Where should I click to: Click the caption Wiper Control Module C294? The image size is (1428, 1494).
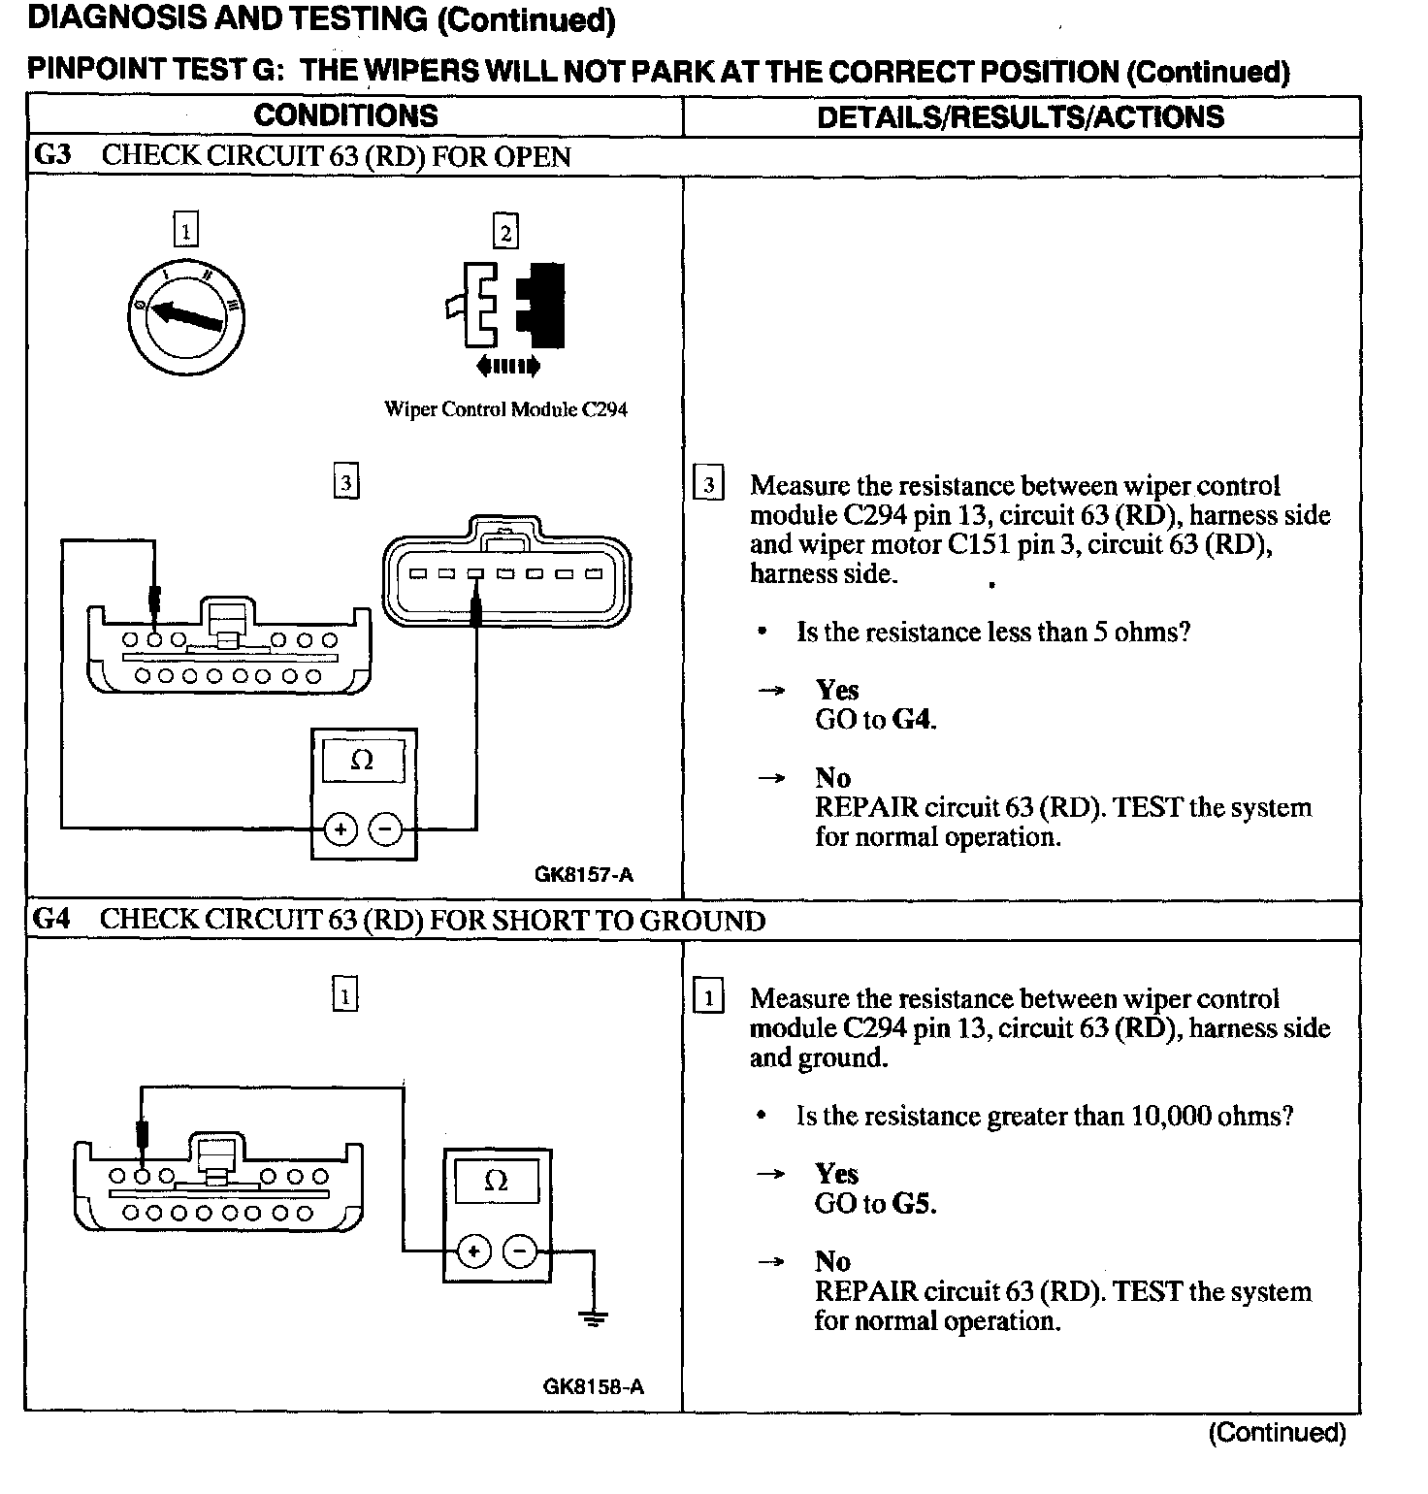(x=505, y=409)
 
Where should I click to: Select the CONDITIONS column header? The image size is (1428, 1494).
(x=345, y=116)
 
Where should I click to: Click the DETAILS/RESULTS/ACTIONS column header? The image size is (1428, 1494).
(x=1021, y=117)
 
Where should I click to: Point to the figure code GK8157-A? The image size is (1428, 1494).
(x=584, y=875)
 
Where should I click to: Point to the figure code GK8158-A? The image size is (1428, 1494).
(x=594, y=1386)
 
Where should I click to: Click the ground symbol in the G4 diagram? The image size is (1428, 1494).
(x=593, y=1317)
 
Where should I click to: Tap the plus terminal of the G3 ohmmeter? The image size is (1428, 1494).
(x=341, y=829)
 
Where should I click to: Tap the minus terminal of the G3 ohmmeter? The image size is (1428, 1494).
(x=386, y=829)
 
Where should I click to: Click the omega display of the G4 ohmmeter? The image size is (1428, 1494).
(x=496, y=1182)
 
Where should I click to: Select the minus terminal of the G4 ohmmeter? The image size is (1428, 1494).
(x=520, y=1251)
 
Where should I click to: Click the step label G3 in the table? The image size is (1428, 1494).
(x=52, y=156)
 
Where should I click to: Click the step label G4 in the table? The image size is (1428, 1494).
(x=52, y=920)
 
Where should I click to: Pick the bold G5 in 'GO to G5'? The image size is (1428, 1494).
(x=913, y=1204)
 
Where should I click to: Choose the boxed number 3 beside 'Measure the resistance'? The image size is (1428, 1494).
(x=709, y=485)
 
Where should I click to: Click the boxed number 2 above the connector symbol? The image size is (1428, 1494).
(x=505, y=233)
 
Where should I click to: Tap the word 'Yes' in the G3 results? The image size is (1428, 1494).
(x=837, y=690)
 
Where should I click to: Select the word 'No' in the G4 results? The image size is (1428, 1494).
(x=832, y=1261)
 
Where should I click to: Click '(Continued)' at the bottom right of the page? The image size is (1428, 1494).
(x=1277, y=1433)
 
